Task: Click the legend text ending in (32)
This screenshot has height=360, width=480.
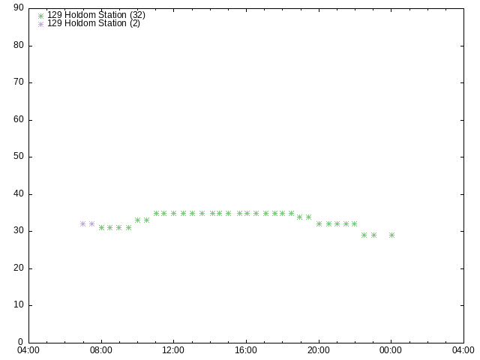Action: pyautogui.click(x=96, y=15)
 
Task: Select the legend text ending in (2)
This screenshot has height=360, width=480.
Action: pyautogui.click(x=93, y=23)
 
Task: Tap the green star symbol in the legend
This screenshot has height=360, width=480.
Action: pyautogui.click(x=40, y=16)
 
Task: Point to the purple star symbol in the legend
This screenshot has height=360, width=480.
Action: pyautogui.click(x=40, y=24)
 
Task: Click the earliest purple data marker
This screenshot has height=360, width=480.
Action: pyautogui.click(x=82, y=223)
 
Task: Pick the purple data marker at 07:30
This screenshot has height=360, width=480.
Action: pyautogui.click(x=91, y=223)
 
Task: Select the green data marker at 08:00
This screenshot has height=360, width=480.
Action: pyautogui.click(x=102, y=227)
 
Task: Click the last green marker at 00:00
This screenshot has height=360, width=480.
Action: pyautogui.click(x=391, y=235)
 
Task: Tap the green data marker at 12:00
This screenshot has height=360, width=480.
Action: pyautogui.click(x=173, y=213)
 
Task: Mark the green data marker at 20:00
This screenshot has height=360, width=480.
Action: pyautogui.click(x=319, y=223)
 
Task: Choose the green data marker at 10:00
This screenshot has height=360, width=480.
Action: pyautogui.click(x=137, y=220)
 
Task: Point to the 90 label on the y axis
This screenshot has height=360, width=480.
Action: pyautogui.click(x=19, y=7)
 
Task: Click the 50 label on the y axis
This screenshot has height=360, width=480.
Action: pyautogui.click(x=19, y=156)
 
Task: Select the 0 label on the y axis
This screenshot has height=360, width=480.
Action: pyautogui.click(x=20, y=342)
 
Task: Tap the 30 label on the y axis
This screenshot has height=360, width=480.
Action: pyautogui.click(x=19, y=230)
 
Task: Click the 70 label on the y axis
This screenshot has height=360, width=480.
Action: pyautogui.click(x=19, y=82)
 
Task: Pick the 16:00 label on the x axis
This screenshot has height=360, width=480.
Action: pyautogui.click(x=246, y=350)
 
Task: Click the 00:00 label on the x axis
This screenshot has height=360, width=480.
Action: pyautogui.click(x=391, y=350)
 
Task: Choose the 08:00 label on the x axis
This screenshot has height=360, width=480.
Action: pyautogui.click(x=101, y=350)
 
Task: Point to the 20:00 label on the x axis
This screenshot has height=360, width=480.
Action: pyautogui.click(x=319, y=350)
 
